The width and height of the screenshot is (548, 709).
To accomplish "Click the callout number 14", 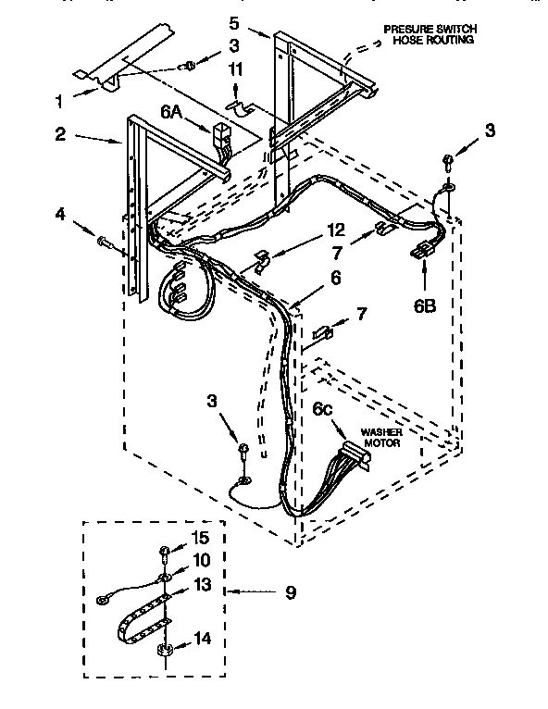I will [x=201, y=638].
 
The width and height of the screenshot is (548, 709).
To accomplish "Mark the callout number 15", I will [x=201, y=538].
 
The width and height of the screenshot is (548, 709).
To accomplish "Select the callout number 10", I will [x=201, y=561].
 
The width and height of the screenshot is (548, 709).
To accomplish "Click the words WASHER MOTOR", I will [x=381, y=438].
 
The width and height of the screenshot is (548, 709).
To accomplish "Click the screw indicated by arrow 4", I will [x=105, y=242].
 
